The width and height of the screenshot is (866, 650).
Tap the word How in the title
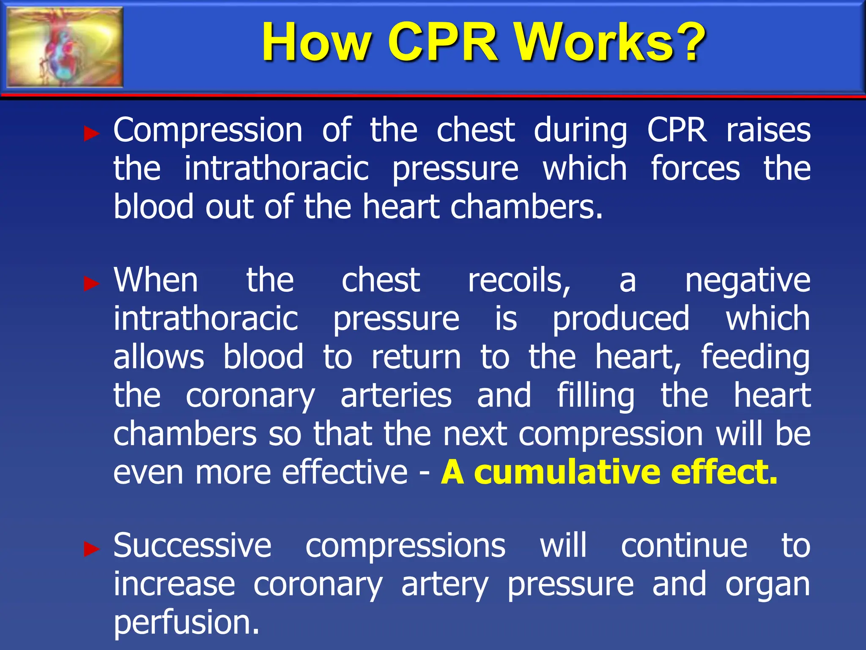click(x=315, y=42)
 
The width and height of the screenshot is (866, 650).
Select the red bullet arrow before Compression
click(x=91, y=134)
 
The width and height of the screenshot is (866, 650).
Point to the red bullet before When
click(x=91, y=283)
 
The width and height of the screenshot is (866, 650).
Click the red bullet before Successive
click(x=91, y=549)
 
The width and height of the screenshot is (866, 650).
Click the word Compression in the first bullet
click(x=208, y=130)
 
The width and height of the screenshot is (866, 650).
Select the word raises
click(x=768, y=130)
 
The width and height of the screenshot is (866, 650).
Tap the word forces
click(x=695, y=168)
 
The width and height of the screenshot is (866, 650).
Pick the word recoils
click(x=519, y=280)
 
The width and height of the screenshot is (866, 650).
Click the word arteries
click(x=396, y=395)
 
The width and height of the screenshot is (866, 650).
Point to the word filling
click(x=595, y=396)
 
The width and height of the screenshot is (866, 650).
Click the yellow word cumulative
click(x=567, y=472)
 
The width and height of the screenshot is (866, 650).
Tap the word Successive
click(x=192, y=545)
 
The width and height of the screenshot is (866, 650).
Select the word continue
click(x=684, y=545)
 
